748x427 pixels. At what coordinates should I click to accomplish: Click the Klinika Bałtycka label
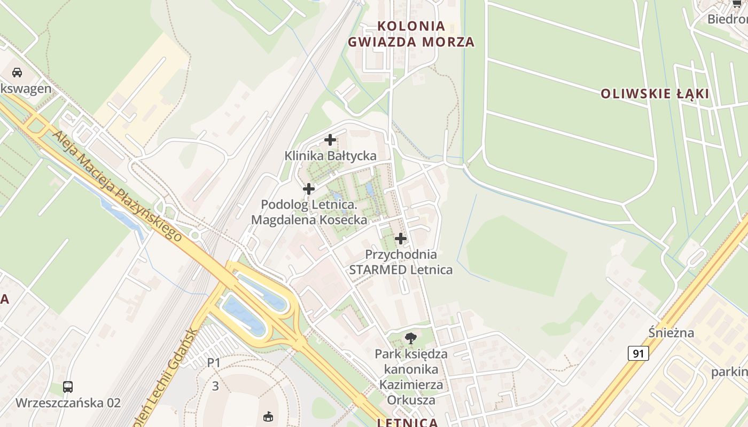click(x=330, y=156)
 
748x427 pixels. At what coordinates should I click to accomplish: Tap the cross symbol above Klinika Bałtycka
click(x=330, y=140)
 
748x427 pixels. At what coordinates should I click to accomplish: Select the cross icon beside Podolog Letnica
click(x=308, y=189)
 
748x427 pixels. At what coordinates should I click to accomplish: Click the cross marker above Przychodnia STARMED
click(x=400, y=239)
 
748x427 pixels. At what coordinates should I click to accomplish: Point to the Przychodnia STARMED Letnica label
click(x=401, y=262)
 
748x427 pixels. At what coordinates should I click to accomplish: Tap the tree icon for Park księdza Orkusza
click(x=410, y=337)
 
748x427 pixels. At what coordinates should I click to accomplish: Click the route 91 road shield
click(x=638, y=353)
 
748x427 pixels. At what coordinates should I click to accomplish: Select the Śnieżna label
click(x=672, y=333)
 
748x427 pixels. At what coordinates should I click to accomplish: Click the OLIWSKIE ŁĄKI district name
click(x=654, y=94)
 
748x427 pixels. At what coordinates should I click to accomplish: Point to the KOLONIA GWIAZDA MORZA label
click(x=411, y=34)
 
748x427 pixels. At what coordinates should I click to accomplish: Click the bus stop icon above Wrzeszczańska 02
click(x=68, y=387)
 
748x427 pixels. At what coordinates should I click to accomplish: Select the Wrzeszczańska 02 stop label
click(x=68, y=402)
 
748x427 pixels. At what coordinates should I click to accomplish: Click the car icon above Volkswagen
click(x=17, y=73)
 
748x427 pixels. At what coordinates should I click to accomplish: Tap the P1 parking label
click(x=214, y=363)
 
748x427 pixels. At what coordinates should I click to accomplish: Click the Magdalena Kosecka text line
click(x=309, y=219)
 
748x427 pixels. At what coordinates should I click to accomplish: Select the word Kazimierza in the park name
click(x=411, y=384)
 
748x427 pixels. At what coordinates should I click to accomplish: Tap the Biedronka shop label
click(x=727, y=19)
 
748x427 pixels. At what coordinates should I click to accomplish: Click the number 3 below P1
click(x=215, y=386)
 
